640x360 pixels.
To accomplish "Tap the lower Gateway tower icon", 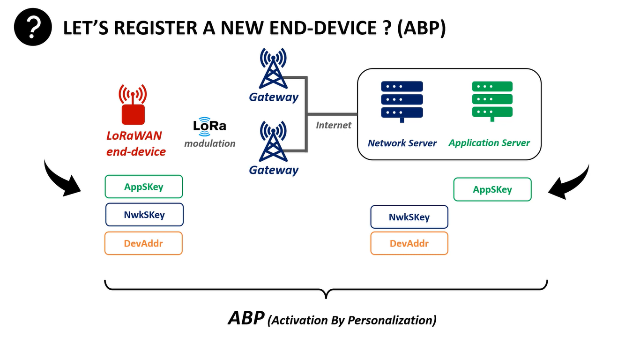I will (x=274, y=142).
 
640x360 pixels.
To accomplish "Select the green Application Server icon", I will (x=492, y=100).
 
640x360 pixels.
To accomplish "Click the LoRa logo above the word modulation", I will (x=209, y=126).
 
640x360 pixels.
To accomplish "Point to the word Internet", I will (x=334, y=125).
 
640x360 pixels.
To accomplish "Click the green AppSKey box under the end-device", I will (x=144, y=187).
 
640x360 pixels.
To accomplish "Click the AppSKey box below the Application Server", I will (x=492, y=189).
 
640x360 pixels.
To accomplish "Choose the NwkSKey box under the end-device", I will (x=144, y=215).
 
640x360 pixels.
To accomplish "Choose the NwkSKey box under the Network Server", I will (x=409, y=217).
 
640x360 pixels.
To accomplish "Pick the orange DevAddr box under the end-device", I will (x=143, y=243).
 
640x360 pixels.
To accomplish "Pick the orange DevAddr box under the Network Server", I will (x=409, y=243).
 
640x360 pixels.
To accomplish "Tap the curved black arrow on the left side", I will (x=61, y=180).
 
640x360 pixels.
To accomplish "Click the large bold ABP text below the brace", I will (x=246, y=318).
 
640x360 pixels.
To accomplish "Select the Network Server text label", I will (x=402, y=143).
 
